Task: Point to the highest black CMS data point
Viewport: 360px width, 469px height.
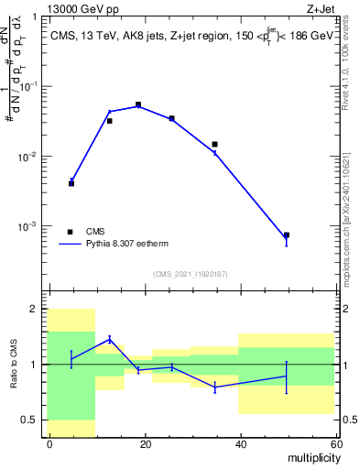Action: click(x=138, y=105)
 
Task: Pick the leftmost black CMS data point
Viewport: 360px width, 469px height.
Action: click(x=71, y=183)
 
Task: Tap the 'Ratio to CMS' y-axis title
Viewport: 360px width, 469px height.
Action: click(x=12, y=365)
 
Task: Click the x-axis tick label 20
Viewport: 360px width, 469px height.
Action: click(x=145, y=443)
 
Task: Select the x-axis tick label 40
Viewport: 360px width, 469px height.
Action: click(x=239, y=443)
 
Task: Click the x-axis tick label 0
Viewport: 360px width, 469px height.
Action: click(x=49, y=443)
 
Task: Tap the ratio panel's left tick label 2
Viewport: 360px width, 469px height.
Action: click(x=36, y=310)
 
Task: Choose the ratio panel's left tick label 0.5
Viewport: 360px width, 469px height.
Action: click(x=31, y=420)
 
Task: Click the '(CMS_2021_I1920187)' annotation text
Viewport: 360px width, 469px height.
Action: click(x=191, y=274)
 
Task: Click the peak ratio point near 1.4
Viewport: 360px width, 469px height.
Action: click(x=110, y=339)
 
